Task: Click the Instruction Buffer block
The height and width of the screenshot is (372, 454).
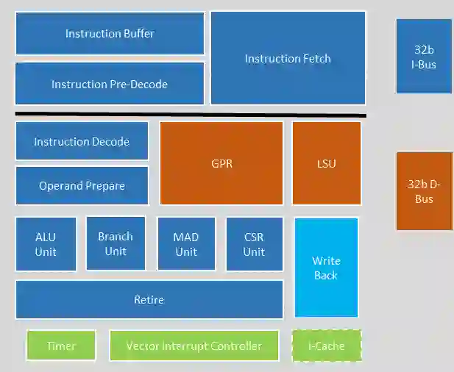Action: click(x=110, y=33)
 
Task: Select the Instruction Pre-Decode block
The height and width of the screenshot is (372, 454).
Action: click(x=110, y=84)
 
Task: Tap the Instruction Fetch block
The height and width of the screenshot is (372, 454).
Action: click(x=288, y=59)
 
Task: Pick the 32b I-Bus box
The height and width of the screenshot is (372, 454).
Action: click(x=423, y=57)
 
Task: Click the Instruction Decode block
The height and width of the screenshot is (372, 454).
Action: click(x=82, y=141)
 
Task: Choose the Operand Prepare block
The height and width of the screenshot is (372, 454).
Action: click(x=82, y=185)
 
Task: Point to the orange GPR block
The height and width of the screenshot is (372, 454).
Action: click(x=221, y=163)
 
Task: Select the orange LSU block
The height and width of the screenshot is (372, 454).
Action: click(x=326, y=163)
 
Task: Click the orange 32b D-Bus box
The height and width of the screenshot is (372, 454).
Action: click(x=423, y=191)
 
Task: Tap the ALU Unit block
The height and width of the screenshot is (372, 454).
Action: click(x=46, y=244)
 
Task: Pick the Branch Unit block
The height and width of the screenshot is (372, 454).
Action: click(x=116, y=243)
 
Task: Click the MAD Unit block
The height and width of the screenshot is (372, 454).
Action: click(x=186, y=244)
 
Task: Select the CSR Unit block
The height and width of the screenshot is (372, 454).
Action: click(x=254, y=244)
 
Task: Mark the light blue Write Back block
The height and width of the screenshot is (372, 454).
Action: click(x=326, y=268)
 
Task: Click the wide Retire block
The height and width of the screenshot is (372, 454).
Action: click(x=149, y=299)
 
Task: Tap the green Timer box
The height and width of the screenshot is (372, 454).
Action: click(x=61, y=346)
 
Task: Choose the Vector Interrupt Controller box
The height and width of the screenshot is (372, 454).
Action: click(x=194, y=346)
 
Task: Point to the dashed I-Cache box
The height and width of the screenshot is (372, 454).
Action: click(x=326, y=346)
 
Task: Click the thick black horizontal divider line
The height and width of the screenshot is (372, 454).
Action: click(x=191, y=115)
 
